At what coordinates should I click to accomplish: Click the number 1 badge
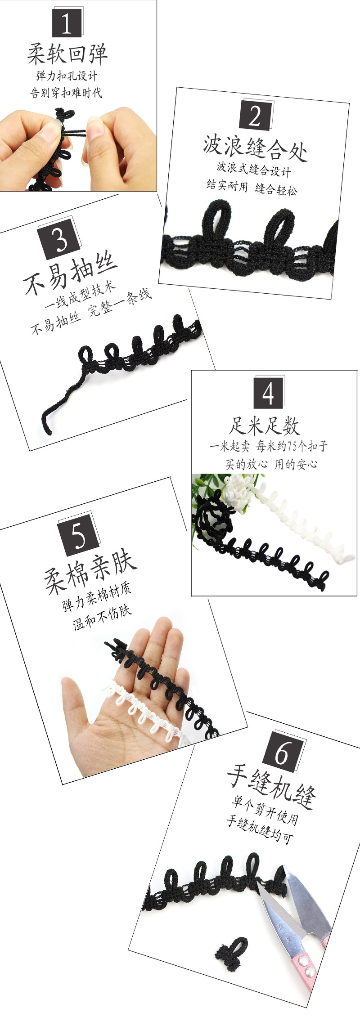(x=67, y=23)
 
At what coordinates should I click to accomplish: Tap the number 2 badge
(x=254, y=115)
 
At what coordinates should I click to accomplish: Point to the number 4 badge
(x=268, y=393)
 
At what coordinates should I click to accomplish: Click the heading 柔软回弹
(x=67, y=54)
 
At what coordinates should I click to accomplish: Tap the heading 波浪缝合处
(x=255, y=148)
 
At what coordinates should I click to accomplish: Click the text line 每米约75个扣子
(x=292, y=446)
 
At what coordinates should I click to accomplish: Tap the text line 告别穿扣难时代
(x=66, y=93)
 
